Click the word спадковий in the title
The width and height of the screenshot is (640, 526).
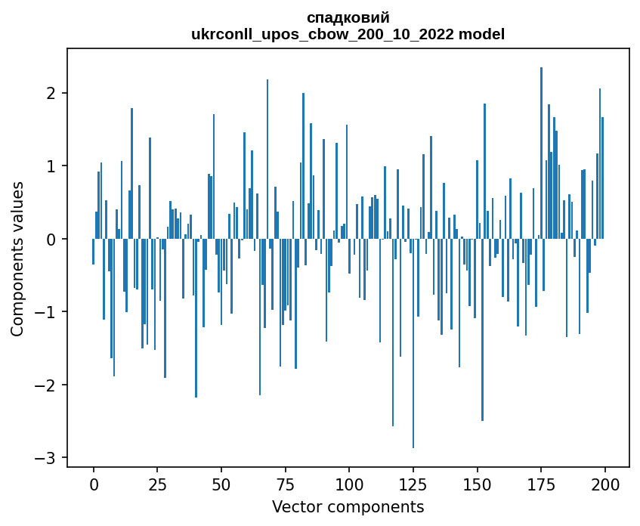pos(348,18)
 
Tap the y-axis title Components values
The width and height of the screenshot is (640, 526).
pos(17,258)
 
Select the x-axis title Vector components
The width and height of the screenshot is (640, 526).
pos(348,506)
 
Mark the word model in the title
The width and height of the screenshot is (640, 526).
pos(484,34)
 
